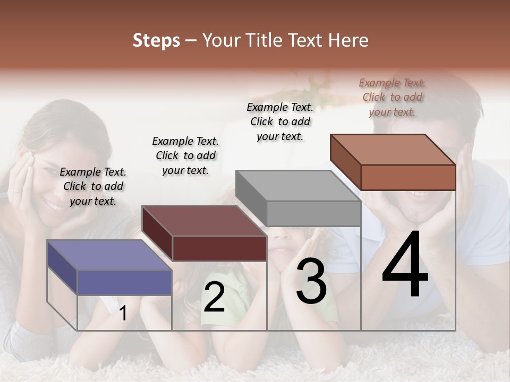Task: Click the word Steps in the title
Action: click(x=156, y=41)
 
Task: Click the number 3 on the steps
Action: click(x=311, y=282)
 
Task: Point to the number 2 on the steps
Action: click(x=214, y=298)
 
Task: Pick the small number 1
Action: click(x=123, y=314)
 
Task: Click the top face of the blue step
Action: click(x=109, y=255)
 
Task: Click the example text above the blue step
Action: click(x=93, y=186)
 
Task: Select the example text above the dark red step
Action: click(x=185, y=155)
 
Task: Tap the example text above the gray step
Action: click(x=280, y=121)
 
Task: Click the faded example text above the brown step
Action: click(x=392, y=97)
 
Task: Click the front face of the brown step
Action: click(x=408, y=177)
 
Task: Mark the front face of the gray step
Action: click(x=313, y=213)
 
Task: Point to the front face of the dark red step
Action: click(x=219, y=248)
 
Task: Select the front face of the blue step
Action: click(x=124, y=282)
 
